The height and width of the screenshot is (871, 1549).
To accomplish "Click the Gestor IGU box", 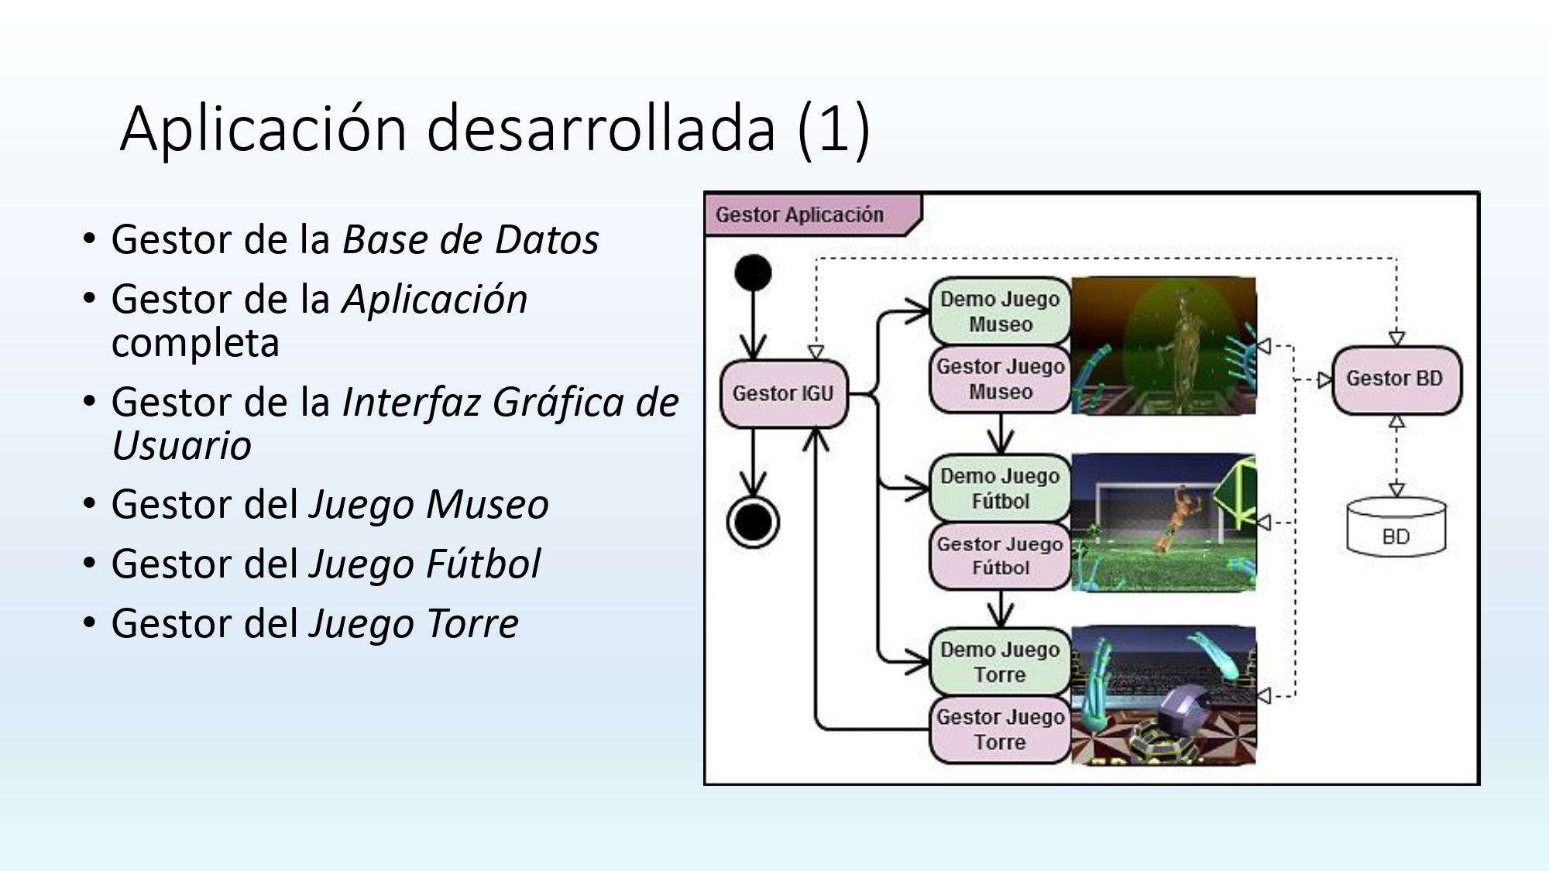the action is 783,393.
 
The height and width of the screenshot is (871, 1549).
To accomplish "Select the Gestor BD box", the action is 1395,379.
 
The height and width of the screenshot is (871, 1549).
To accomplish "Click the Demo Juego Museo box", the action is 1000,311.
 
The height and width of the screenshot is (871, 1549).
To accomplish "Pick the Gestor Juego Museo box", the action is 1000,379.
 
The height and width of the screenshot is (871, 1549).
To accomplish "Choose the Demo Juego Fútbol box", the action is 1000,489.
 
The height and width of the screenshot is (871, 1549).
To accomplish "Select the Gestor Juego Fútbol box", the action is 1000,556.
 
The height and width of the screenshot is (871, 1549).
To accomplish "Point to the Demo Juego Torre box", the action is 1000,662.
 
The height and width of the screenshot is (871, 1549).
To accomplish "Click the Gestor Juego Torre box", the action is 1000,729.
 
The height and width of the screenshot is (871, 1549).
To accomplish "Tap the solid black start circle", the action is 753,273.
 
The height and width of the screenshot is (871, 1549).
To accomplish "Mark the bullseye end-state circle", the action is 753,522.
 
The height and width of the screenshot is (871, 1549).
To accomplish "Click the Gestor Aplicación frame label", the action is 800,214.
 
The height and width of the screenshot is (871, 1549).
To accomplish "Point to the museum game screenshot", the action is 1163,346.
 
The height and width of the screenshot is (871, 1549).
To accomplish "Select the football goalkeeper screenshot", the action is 1163,523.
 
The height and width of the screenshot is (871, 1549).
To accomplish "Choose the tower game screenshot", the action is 1163,696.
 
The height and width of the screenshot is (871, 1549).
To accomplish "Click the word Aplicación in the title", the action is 263,129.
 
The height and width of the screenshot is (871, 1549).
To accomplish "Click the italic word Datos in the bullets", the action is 547,239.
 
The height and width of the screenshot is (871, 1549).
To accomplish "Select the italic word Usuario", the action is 182,445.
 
